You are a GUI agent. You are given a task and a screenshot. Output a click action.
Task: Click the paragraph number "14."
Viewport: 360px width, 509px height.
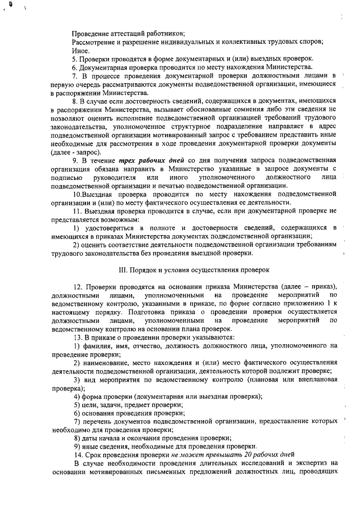78,454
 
